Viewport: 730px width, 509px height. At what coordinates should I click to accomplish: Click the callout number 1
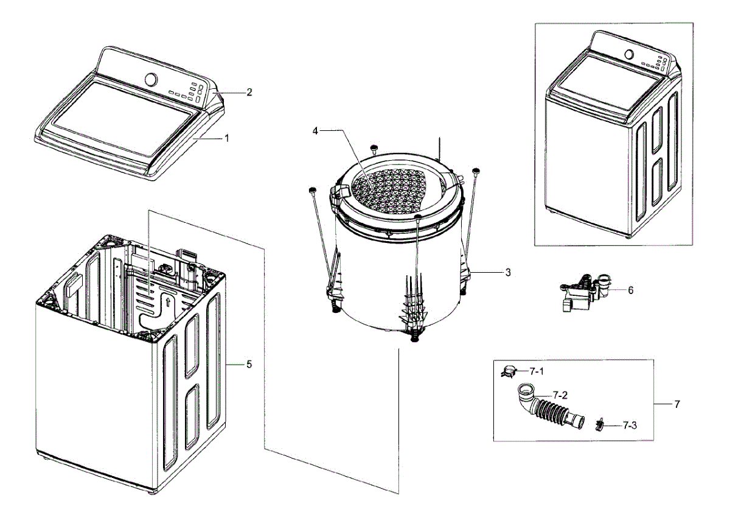click(x=227, y=138)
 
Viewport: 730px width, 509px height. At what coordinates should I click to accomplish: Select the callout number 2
click(x=249, y=93)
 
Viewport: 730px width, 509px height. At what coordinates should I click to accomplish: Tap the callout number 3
click(x=507, y=273)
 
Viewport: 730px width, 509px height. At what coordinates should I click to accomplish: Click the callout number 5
click(x=249, y=364)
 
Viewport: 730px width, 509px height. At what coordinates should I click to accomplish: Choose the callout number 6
click(x=630, y=290)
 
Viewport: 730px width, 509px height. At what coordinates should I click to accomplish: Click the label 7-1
click(x=536, y=371)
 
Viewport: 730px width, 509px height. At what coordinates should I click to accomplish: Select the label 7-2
click(x=560, y=395)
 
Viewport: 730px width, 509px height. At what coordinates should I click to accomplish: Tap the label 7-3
click(x=630, y=425)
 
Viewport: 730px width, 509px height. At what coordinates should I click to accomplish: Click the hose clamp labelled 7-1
click(x=509, y=370)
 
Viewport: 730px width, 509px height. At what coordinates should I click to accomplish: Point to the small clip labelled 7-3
click(x=600, y=424)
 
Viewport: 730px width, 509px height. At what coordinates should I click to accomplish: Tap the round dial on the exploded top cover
click(x=151, y=80)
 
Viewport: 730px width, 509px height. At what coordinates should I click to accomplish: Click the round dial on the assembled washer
click(x=629, y=54)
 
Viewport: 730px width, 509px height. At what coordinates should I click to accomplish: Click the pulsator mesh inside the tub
click(x=389, y=189)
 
